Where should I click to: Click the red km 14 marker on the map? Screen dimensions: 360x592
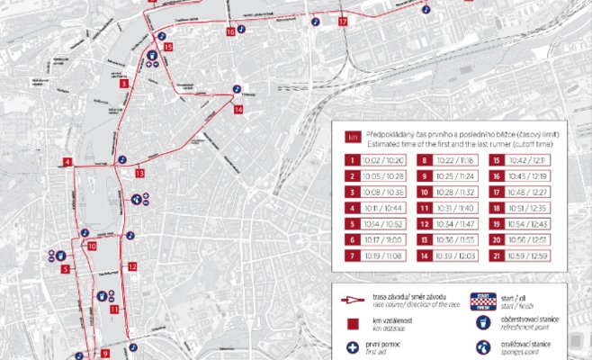[x=238, y=110]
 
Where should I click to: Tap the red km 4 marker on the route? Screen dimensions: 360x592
[x=67, y=162]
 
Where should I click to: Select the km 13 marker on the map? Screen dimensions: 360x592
[x=139, y=173]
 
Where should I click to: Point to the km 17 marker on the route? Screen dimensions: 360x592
[x=342, y=20]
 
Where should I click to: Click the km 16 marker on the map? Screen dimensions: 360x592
[x=231, y=31]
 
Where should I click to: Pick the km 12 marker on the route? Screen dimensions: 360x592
[x=131, y=266]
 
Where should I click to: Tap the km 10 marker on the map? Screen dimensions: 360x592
[x=92, y=246]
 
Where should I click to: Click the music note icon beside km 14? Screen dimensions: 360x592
[x=237, y=89]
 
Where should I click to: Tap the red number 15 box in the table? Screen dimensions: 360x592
[x=497, y=159]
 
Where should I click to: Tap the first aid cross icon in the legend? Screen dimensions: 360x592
[x=352, y=347]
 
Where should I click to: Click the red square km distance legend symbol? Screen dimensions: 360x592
[x=352, y=324]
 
